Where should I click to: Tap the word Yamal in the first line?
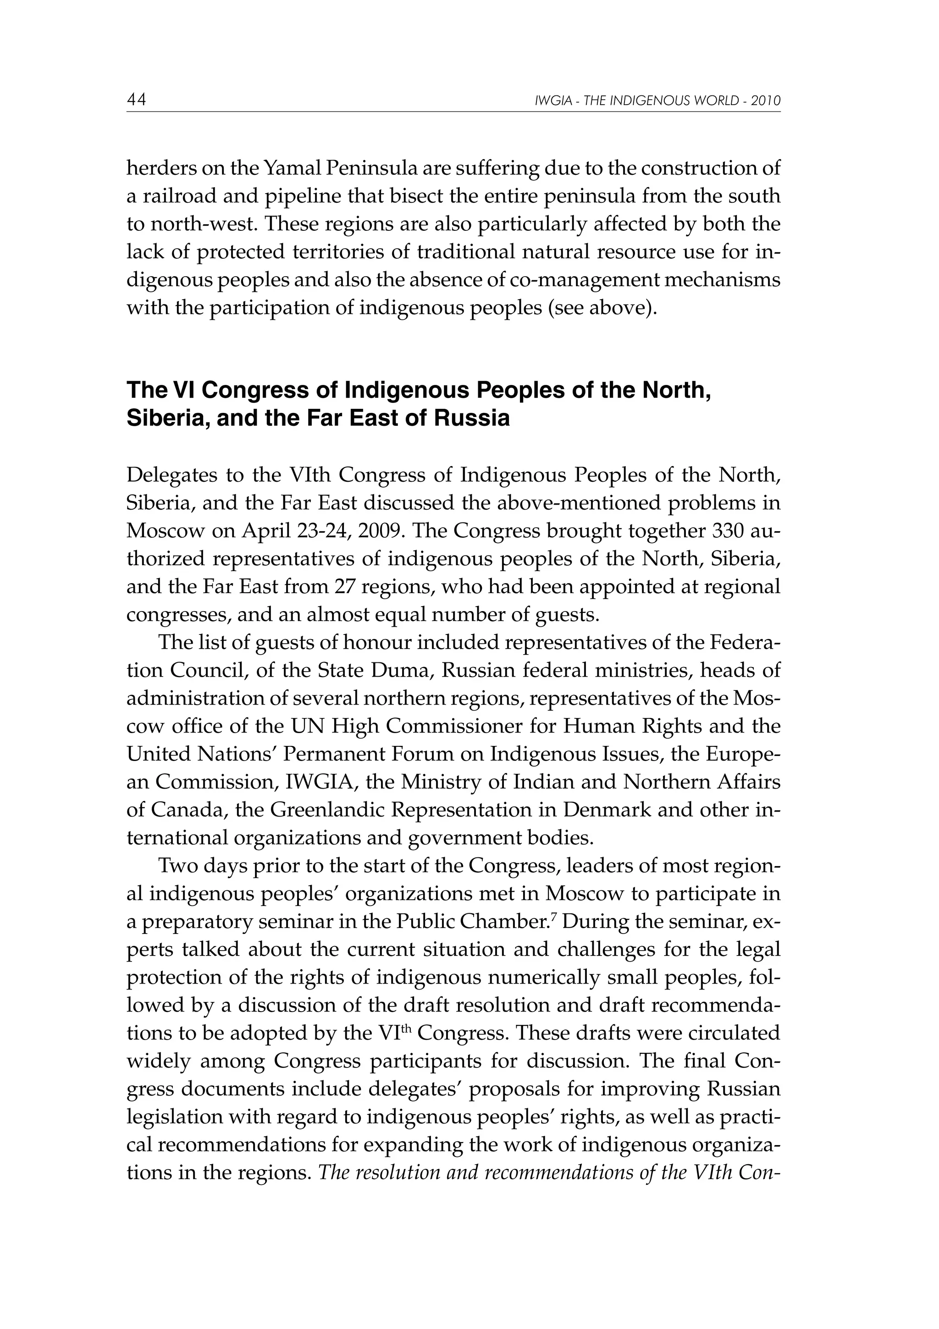[292, 168]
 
